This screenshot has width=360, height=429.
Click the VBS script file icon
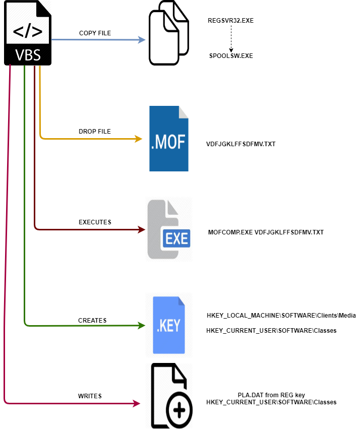[28, 33]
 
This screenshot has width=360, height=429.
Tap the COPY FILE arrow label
[95, 33]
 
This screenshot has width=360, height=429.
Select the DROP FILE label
[94, 132]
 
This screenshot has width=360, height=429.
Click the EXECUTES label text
[95, 222]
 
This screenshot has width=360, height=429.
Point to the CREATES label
[92, 320]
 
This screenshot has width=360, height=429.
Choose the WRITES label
[90, 396]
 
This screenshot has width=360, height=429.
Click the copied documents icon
[168, 33]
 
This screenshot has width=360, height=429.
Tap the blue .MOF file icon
[169, 139]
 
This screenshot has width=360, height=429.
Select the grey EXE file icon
[169, 230]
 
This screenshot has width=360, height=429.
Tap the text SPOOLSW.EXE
[231, 56]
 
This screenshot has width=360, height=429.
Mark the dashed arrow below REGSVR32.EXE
[231, 38]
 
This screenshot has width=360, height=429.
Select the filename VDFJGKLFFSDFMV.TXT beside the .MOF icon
[241, 144]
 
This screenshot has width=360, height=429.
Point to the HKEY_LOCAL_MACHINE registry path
[281, 316]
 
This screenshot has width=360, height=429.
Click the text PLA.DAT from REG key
[272, 395]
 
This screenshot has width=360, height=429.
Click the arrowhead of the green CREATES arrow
[142, 325]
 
